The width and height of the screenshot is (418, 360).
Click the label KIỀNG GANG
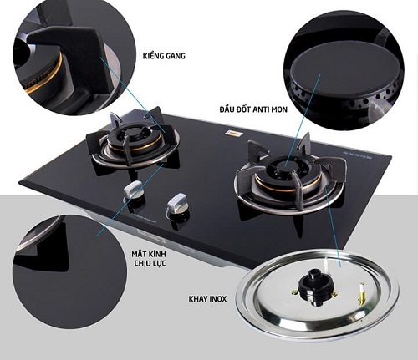coord(164,56)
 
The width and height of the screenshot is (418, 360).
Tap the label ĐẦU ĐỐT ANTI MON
coord(253,109)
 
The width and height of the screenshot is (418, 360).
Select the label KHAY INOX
coord(207,299)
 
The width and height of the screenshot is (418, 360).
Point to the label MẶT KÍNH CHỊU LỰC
coord(149,258)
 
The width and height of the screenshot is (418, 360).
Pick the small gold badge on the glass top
coord(234,134)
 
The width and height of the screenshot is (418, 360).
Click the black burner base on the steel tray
coord(315,286)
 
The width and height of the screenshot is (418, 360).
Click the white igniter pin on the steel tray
coord(326,266)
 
